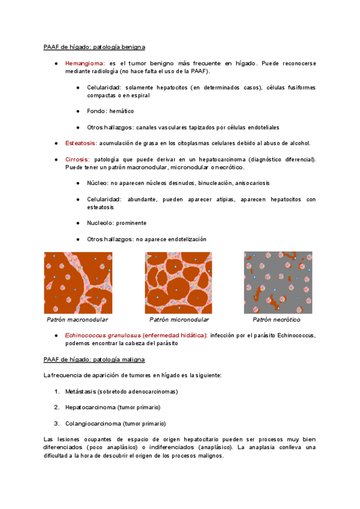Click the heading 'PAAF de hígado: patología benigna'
tap(94, 47)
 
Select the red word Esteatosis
tap(81, 143)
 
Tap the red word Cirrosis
tap(77, 159)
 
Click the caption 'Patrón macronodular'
tap(77, 320)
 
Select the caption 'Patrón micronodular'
tap(179, 320)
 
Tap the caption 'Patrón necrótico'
tap(278, 320)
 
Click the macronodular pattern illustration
tap(78, 283)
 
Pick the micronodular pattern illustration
tap(179, 283)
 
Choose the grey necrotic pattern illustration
tap(278, 283)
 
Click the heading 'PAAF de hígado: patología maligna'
tap(94, 359)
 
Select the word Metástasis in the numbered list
tap(82, 391)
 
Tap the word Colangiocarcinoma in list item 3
tap(93, 423)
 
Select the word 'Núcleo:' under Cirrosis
tap(98, 182)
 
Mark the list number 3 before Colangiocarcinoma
tap(56, 423)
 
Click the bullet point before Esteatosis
tap(56, 143)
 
